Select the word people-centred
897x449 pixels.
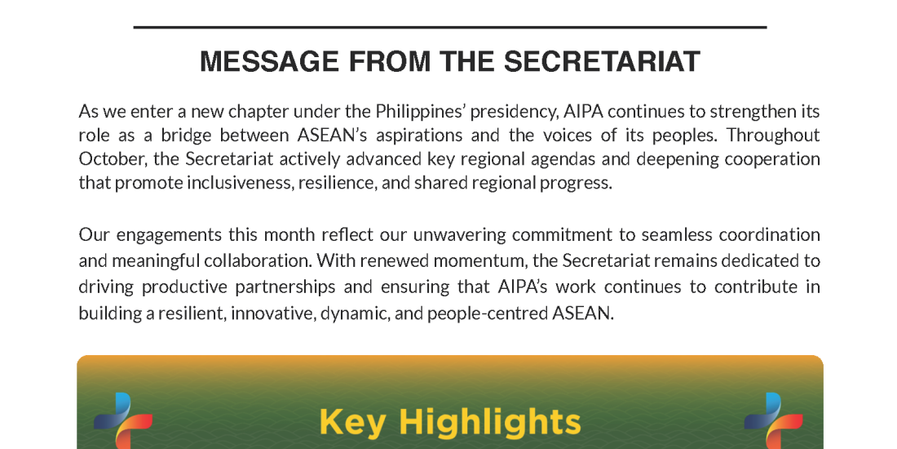tap(488, 313)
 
